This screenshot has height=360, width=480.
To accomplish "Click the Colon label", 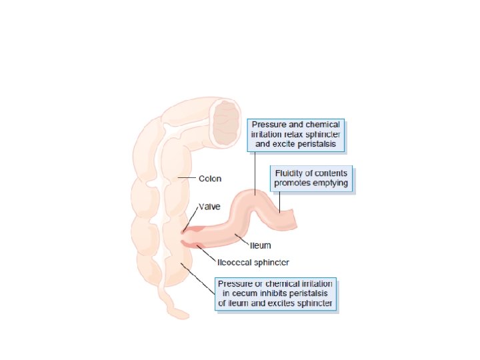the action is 211,179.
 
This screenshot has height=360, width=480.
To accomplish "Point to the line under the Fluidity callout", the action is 281,202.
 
